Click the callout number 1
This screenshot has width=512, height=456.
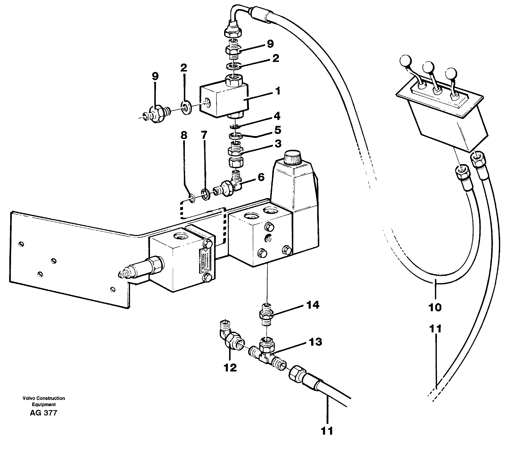pos(277,91)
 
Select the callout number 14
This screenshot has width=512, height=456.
pos(313,305)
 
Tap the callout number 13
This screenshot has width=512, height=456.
pos(315,342)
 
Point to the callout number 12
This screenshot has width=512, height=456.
pos(230,368)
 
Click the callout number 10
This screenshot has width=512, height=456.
pos(435,307)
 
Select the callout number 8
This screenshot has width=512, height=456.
pos(184,135)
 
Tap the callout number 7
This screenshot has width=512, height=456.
pos(204,135)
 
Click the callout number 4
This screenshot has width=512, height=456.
pos(277,116)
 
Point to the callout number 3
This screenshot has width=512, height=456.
pos(278,144)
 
